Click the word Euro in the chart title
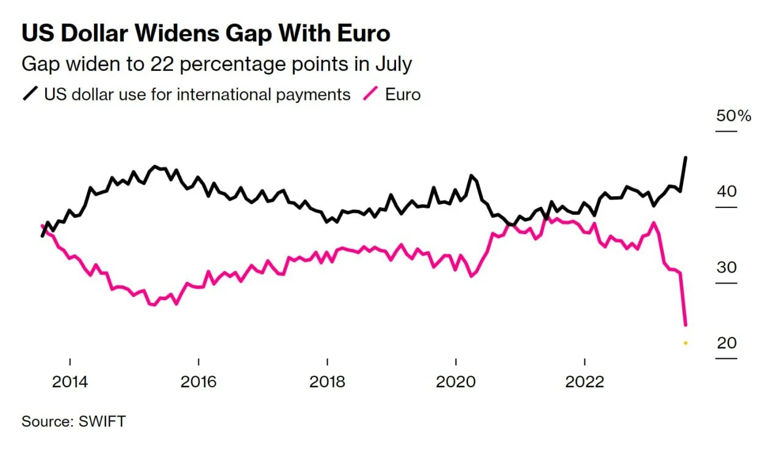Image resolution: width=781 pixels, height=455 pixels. pyautogui.click(x=363, y=33)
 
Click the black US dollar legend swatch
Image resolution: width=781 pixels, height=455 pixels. pyautogui.click(x=31, y=95)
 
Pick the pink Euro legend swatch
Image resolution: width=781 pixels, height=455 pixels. pyautogui.click(x=372, y=95)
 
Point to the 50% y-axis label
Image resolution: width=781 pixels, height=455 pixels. pyautogui.click(x=733, y=115)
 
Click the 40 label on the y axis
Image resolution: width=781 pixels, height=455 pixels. pyautogui.click(x=727, y=192)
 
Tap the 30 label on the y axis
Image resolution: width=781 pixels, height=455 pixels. pyautogui.click(x=727, y=267)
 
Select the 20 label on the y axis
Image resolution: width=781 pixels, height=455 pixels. pyautogui.click(x=727, y=343)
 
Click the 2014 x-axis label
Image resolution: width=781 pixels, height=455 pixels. pyautogui.click(x=70, y=382)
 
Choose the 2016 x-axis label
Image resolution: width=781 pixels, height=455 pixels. pyautogui.click(x=199, y=382)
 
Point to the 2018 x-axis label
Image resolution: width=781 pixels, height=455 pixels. pyautogui.click(x=328, y=382)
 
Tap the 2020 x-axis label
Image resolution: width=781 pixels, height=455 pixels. pyautogui.click(x=456, y=382)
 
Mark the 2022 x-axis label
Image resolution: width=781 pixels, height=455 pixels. pyautogui.click(x=585, y=382)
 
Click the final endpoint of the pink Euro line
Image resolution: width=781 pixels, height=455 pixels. pyautogui.click(x=686, y=324)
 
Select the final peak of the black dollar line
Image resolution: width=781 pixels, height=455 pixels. pyautogui.click(x=686, y=157)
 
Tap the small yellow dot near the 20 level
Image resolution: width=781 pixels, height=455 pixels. pyautogui.click(x=686, y=343)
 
